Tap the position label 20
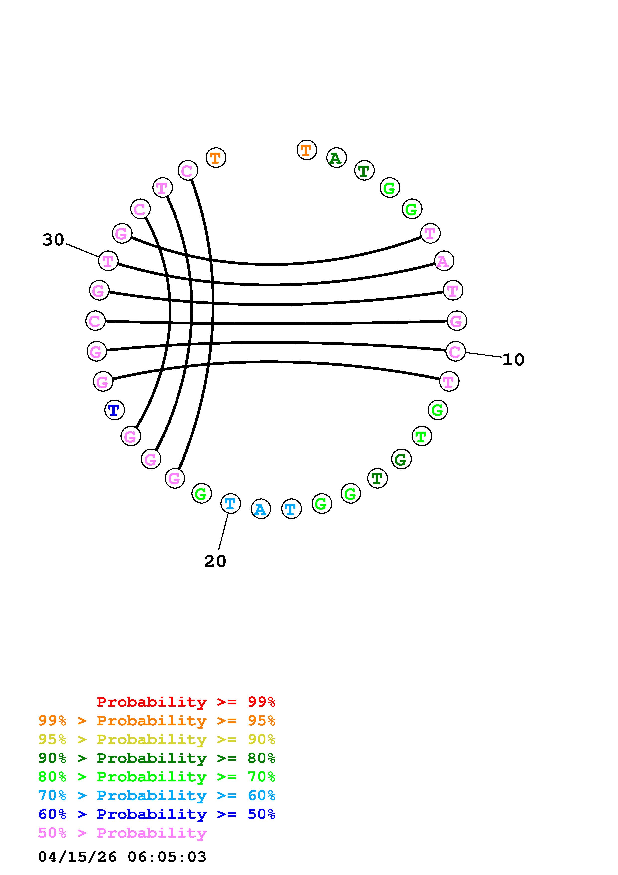pos(215,561)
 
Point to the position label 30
pos(53,240)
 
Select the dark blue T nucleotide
pos(114,410)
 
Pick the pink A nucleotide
pos(443,261)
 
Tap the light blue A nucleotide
pos(261,509)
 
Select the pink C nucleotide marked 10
pos(455,351)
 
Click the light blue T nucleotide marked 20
pos(230,504)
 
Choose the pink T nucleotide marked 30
pos(108,261)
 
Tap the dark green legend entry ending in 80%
pos(157,758)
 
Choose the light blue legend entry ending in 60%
pos(157,795)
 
